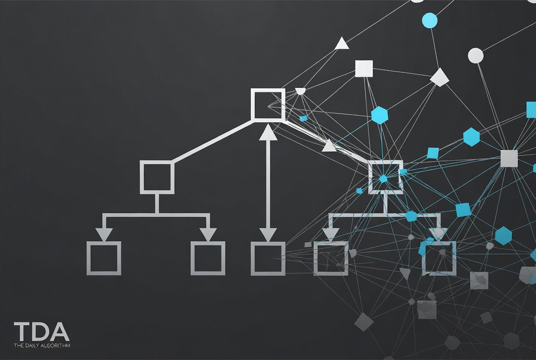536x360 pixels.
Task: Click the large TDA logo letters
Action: point(42,331)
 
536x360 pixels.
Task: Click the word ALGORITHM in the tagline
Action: point(55,345)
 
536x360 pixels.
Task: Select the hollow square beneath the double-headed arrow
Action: point(253,258)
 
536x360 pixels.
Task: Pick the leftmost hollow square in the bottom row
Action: point(88,258)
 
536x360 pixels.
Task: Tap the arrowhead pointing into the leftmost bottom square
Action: point(104,234)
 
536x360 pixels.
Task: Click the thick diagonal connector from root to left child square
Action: point(213,141)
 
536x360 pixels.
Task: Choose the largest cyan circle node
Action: point(430,20)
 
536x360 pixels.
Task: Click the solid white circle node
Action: point(475,56)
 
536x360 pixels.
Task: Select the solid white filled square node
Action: point(364,69)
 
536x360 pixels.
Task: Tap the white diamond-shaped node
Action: point(439,77)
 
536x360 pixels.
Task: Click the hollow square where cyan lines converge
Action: point(370,177)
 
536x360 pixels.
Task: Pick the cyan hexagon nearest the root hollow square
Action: point(380,115)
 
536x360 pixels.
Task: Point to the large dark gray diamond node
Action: point(364,322)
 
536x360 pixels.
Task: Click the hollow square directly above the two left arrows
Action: point(142,177)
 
